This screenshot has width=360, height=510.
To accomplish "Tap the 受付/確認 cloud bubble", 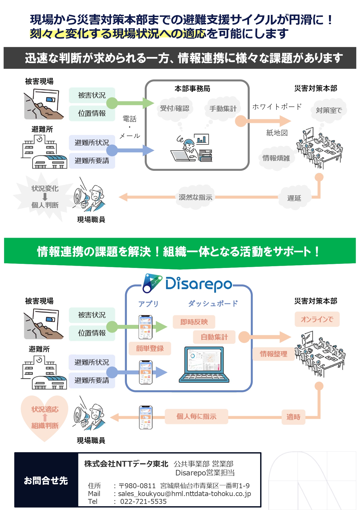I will click(174, 109).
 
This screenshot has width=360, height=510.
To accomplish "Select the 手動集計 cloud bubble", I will click(223, 109).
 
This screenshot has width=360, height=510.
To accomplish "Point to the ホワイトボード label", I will click(277, 107).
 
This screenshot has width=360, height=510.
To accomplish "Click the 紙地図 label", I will click(277, 133).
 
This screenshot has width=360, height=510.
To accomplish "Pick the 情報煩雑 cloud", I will click(276, 158).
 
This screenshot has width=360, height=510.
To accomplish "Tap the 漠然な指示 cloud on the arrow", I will click(195, 198).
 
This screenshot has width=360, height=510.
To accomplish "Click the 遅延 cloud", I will click(294, 198).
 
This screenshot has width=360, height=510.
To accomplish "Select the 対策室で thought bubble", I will click(329, 110).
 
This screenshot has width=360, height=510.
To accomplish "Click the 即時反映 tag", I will click(194, 322).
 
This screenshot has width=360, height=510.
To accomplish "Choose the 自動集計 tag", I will click(214, 337).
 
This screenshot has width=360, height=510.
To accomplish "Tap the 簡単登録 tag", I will click(150, 348).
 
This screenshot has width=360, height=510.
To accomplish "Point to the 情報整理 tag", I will click(273, 354).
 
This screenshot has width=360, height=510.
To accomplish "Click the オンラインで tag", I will click(317, 319).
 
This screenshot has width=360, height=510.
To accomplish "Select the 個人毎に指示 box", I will click(197, 417).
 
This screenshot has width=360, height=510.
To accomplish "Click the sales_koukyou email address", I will click(184, 494).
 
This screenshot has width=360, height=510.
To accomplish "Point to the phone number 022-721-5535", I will click(143, 502).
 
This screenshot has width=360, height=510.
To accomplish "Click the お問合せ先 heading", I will click(46, 481).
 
